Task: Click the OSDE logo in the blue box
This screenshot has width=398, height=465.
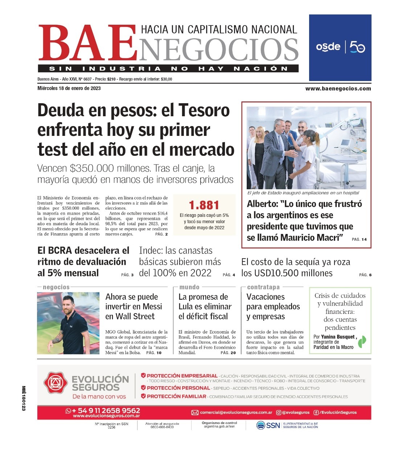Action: click(328, 47)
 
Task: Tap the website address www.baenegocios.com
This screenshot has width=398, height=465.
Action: click(338, 88)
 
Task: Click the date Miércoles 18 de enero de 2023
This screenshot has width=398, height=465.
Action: click(69, 88)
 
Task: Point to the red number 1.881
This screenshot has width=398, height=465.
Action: click(204, 205)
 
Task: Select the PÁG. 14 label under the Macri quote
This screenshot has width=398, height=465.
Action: click(359, 239)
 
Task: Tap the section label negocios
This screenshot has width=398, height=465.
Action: click(56, 287)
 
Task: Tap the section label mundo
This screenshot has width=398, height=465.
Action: click(189, 287)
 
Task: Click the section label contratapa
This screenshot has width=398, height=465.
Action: click(263, 287)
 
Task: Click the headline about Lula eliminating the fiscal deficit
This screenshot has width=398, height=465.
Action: click(205, 307)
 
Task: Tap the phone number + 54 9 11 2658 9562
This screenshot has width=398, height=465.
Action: click(106, 411)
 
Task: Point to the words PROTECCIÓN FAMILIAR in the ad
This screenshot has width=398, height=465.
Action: click(176, 396)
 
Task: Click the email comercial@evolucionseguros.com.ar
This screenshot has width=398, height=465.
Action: click(236, 412)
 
